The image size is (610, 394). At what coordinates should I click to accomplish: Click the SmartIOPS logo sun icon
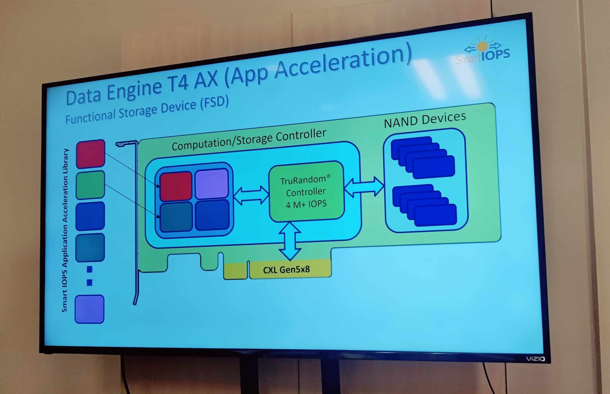pos(482,47)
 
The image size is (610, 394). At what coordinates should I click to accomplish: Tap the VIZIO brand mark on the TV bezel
pos(535,359)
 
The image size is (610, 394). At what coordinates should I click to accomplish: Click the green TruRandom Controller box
pos(306,191)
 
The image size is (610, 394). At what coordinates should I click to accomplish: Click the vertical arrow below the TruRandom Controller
pos(290,241)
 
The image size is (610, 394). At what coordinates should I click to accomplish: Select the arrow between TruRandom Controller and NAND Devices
pos(364,187)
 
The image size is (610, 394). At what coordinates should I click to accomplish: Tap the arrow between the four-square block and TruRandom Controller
pos(251,195)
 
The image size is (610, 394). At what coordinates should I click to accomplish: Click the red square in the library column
pos(90,154)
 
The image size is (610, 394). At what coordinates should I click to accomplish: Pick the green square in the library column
pos(90,185)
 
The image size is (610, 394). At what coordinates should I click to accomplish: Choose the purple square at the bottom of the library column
pos(90,309)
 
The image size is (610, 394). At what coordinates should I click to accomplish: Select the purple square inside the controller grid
pos(212,184)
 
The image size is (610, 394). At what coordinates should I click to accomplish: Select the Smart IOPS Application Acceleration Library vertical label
pos(65,231)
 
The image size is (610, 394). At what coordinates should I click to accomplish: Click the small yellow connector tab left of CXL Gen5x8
pos(235,271)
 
